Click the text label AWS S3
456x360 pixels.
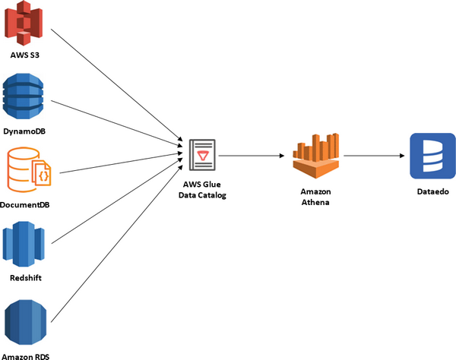[27, 55]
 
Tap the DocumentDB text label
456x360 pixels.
[27, 204]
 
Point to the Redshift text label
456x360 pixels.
[27, 278]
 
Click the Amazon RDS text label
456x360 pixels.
[27, 355]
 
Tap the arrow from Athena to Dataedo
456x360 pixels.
[372, 156]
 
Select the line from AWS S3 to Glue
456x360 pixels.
[114, 83]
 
